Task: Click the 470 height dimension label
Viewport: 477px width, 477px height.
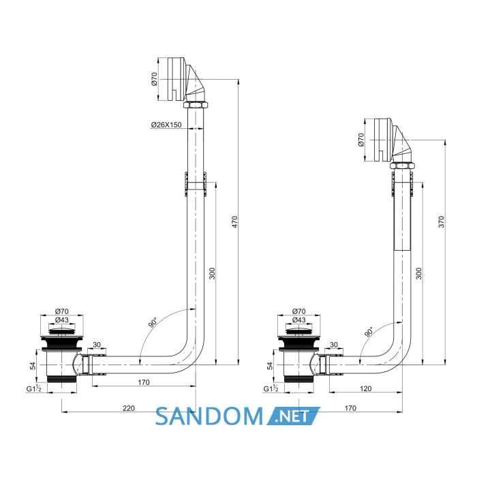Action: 234,221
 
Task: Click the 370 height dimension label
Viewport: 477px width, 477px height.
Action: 442,221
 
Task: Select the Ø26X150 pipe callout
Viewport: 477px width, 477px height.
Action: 166,125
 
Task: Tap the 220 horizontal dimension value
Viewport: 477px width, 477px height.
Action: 129,408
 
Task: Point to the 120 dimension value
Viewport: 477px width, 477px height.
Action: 365,388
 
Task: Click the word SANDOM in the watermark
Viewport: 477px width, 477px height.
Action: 209,416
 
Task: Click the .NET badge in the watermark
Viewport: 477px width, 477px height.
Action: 294,416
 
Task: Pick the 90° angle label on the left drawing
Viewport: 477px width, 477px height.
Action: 153,323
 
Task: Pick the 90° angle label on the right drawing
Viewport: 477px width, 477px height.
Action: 369,332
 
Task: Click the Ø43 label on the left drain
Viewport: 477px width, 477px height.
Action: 62,320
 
